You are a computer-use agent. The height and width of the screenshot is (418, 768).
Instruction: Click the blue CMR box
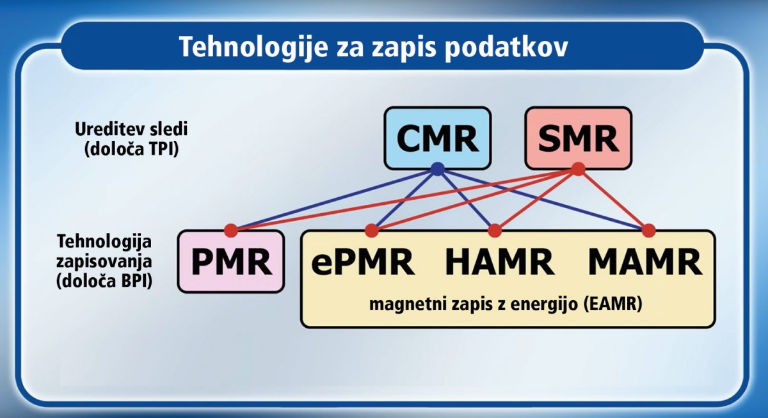[x=438, y=138]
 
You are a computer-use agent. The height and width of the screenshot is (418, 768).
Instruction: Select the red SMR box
[x=579, y=138]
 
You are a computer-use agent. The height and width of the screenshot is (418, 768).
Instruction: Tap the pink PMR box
[x=231, y=262]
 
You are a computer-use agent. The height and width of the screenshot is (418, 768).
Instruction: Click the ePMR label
[x=363, y=262]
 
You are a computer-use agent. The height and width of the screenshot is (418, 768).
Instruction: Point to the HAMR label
[x=500, y=262]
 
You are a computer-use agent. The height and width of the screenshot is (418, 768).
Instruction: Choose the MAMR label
[x=645, y=262]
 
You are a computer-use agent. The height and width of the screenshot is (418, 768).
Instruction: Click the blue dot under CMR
[x=438, y=169]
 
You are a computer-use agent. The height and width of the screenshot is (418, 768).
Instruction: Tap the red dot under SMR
[x=579, y=169]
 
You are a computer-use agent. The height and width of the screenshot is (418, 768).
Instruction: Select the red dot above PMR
[x=231, y=231]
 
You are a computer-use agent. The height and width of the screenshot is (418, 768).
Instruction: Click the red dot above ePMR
[x=372, y=231]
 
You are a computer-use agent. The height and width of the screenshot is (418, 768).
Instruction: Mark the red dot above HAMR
[x=494, y=231]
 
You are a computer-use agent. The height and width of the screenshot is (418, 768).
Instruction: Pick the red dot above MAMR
[x=648, y=231]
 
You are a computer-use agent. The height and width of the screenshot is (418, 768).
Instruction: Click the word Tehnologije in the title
[x=253, y=47]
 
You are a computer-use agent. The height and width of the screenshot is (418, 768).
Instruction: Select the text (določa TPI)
[x=132, y=150]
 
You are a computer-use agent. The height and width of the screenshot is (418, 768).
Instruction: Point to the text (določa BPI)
[x=104, y=282]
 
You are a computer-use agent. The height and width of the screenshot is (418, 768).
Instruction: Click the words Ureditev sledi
[x=131, y=129]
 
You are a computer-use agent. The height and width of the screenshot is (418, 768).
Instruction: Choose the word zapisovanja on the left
[x=104, y=262]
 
